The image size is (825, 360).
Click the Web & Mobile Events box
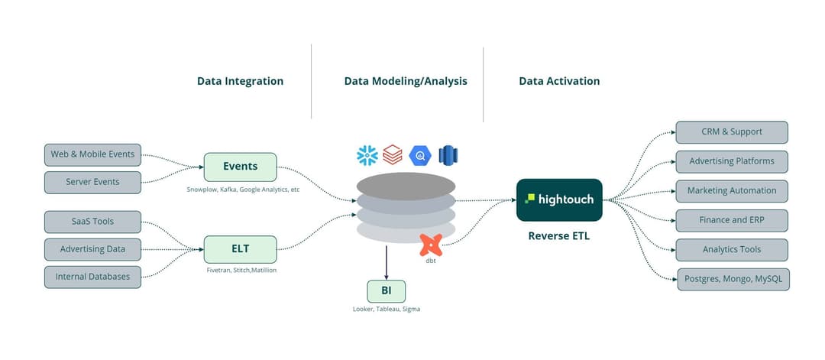coord(92,154)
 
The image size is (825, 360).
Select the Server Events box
coord(92,183)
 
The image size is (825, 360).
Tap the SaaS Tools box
coord(92,222)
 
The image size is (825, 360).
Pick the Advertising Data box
coord(92,249)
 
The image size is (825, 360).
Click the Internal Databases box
coord(92,277)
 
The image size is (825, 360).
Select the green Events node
coord(240,167)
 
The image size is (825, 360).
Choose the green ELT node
coord(240,249)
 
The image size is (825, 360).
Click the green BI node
coord(386,291)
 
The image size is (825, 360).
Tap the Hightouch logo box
coord(559,200)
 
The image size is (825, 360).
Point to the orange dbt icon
coord(432,245)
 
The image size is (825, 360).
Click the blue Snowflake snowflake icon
coord(367,155)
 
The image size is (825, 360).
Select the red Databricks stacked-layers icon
coord(393,155)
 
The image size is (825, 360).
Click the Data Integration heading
coord(240,81)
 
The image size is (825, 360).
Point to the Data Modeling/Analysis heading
coord(406,81)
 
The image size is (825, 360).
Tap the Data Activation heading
coord(559,81)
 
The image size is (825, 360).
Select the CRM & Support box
coord(732,132)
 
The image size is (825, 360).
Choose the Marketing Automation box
coord(732,191)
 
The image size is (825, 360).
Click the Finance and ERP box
coord(732,220)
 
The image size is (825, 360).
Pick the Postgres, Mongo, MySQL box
coord(733,279)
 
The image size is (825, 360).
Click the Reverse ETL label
coord(559,236)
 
